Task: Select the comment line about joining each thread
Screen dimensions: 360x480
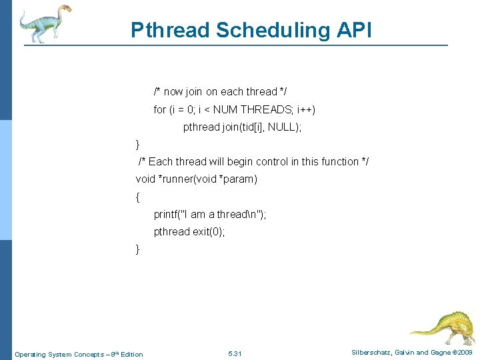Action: (x=220, y=91)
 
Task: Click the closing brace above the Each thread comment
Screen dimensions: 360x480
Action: (x=137, y=144)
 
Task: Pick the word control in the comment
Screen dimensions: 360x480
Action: (x=271, y=161)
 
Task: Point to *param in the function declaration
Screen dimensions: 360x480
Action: (x=236, y=179)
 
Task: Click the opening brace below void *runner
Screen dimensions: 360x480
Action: (x=137, y=197)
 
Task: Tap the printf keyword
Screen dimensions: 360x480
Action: (x=167, y=214)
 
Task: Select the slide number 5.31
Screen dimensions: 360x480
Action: (x=235, y=353)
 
